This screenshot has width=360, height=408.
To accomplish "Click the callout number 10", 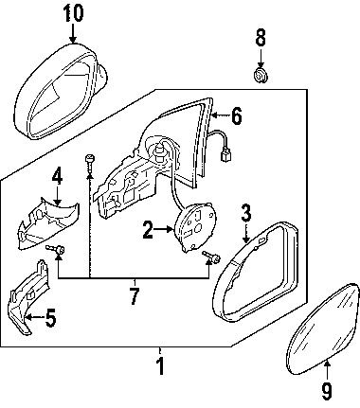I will (x=74, y=13).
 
